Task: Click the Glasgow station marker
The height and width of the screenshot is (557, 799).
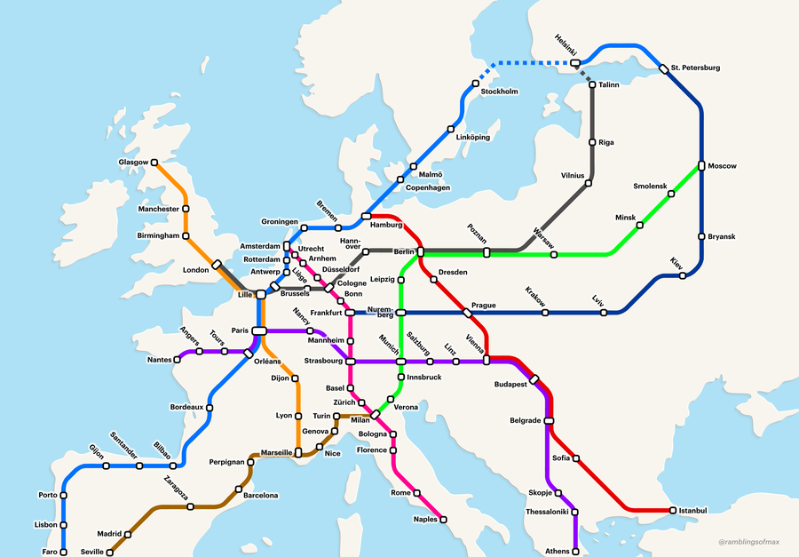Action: click(154, 163)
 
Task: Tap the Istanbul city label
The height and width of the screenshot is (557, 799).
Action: click(692, 511)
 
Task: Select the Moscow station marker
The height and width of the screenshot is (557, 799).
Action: click(701, 166)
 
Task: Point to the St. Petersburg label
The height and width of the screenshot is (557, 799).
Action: click(695, 68)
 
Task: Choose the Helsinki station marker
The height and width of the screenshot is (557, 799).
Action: click(575, 63)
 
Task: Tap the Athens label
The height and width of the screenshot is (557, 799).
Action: click(558, 551)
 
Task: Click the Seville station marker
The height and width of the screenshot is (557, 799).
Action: click(110, 552)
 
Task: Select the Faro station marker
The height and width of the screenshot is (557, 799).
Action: click(63, 551)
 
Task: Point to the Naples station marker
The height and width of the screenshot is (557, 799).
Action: click(444, 520)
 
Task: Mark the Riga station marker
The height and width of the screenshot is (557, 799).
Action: click(592, 142)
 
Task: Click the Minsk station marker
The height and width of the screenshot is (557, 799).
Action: click(640, 225)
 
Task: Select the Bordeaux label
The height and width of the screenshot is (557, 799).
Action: click(186, 408)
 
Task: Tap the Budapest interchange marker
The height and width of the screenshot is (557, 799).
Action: click(534, 379)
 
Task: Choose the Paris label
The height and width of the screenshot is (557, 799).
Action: click(240, 330)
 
